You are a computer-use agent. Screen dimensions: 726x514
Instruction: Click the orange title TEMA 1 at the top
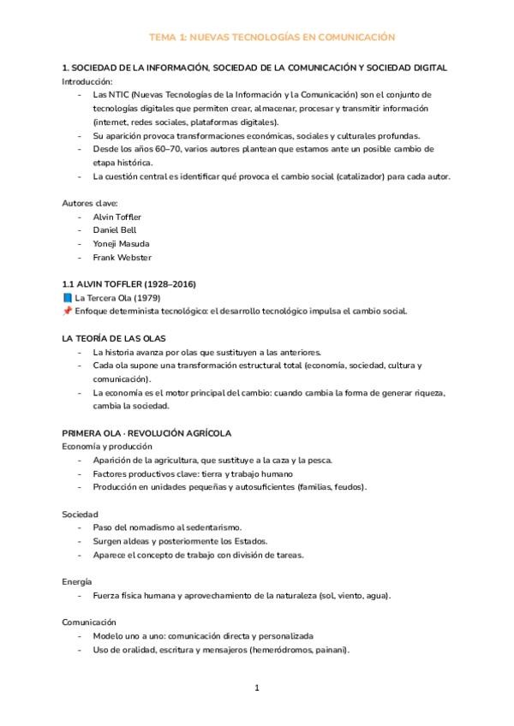272,38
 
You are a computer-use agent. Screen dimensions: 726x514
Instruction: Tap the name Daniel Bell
114,229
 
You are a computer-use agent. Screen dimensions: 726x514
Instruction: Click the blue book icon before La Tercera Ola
67,298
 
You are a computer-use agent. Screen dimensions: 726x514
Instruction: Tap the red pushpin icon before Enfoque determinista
67,311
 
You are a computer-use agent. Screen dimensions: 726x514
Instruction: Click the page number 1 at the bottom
257,687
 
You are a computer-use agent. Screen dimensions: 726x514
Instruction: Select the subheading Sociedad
81,514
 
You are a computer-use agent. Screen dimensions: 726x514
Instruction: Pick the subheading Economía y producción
107,446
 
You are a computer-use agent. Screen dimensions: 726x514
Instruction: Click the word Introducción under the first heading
87,80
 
